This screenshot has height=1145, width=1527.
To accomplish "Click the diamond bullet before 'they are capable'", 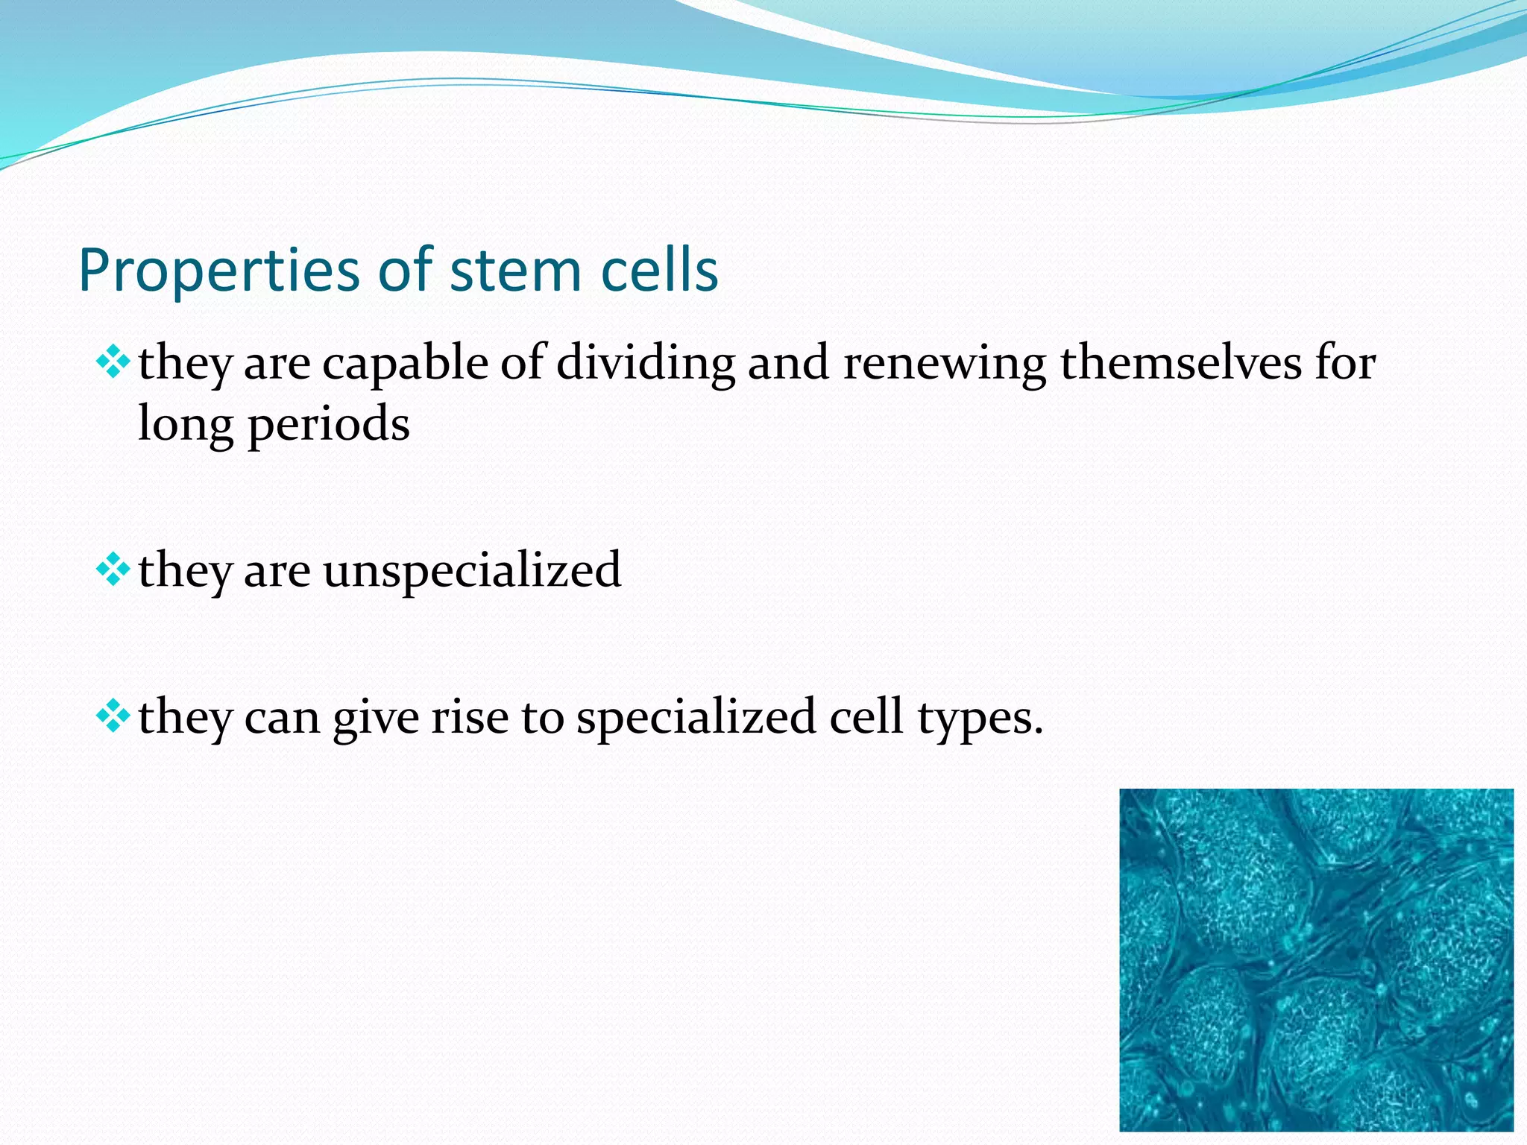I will [x=113, y=363].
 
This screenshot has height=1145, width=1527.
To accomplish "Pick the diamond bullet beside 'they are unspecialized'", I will [x=113, y=570].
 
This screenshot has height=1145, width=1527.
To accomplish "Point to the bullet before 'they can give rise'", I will [x=113, y=717].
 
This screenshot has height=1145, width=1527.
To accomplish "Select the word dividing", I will [x=646, y=365].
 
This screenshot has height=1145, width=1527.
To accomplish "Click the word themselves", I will [x=1181, y=363].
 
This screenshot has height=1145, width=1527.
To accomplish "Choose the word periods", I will [x=328, y=426].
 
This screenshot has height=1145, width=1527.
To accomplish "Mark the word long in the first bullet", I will [x=186, y=426].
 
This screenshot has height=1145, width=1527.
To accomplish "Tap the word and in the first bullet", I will [x=788, y=363].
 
